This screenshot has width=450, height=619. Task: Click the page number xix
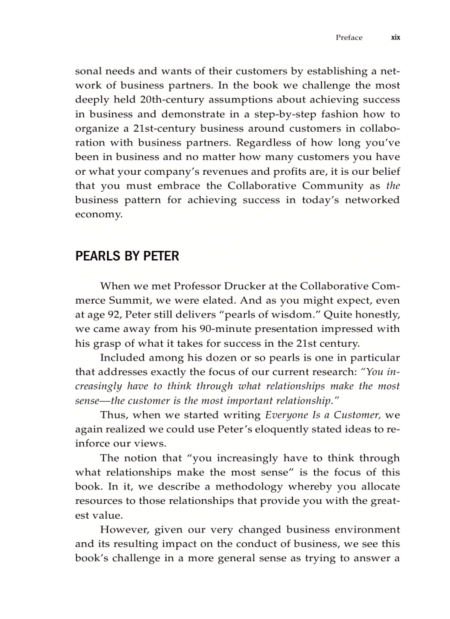coord(395,37)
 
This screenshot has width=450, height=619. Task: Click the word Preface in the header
coord(349,37)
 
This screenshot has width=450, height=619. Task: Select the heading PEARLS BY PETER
coord(127,256)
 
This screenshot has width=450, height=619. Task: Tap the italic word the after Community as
coord(393,186)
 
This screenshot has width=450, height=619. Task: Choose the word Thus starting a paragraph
coord(113,416)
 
